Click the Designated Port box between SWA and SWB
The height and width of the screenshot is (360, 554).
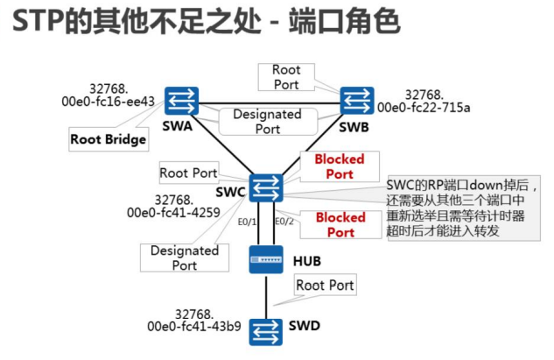tap(267, 121)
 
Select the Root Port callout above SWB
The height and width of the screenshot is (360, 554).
tap(286, 76)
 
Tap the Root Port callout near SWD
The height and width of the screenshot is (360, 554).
tap(325, 286)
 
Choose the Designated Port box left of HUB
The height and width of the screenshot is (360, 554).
tap(184, 258)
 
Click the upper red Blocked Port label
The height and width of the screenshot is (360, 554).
tap(340, 166)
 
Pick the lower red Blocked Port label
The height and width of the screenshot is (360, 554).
tap(340, 224)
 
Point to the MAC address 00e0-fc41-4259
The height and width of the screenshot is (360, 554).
tap(174, 212)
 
